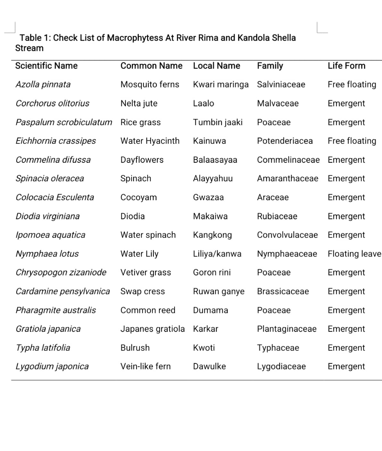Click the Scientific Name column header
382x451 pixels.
click(46, 66)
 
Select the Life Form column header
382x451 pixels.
click(346, 66)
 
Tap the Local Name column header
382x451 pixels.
click(216, 66)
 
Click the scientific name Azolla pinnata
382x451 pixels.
click(43, 84)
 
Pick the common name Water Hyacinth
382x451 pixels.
click(150, 141)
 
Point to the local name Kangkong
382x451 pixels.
click(212, 235)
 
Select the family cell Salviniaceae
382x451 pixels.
click(281, 84)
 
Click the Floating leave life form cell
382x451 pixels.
click(354, 254)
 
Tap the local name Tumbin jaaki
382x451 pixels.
click(218, 122)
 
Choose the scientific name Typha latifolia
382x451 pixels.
click(43, 348)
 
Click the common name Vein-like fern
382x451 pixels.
click(145, 366)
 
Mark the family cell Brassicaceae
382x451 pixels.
click(283, 291)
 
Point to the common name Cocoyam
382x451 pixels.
click(138, 197)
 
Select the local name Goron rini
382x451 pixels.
click(212, 272)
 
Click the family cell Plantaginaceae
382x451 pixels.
click(286, 329)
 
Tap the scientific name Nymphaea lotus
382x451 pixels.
click(47, 254)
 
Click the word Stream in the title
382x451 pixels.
click(29, 48)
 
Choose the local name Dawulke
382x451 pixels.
click(209, 366)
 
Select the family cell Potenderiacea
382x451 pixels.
click(285, 141)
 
